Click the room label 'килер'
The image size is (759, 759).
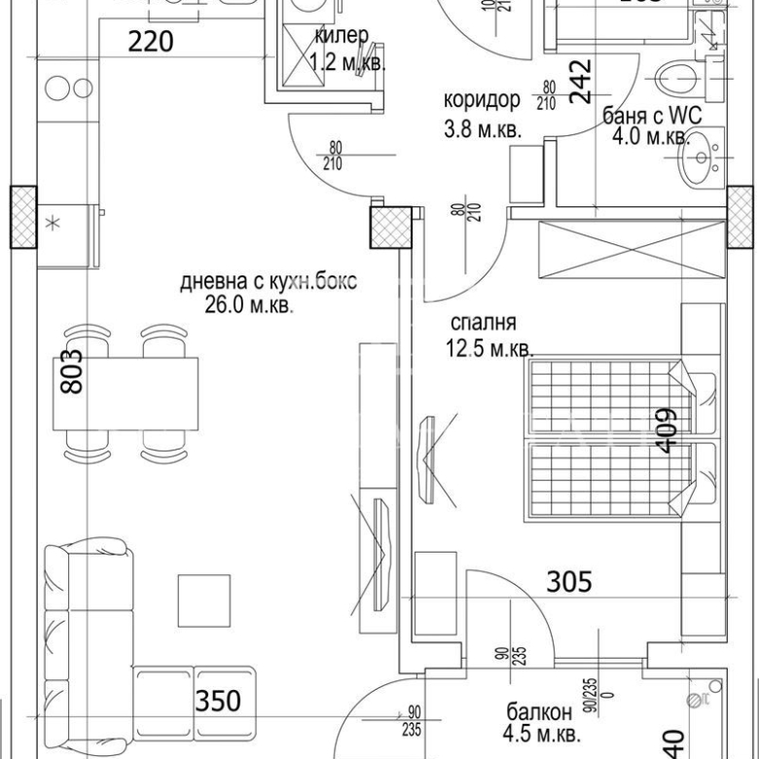[341, 36]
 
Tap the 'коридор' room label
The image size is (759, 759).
[481, 101]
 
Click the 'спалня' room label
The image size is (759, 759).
[483, 323]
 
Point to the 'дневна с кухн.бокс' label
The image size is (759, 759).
[269, 282]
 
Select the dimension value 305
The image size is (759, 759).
[569, 582]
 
